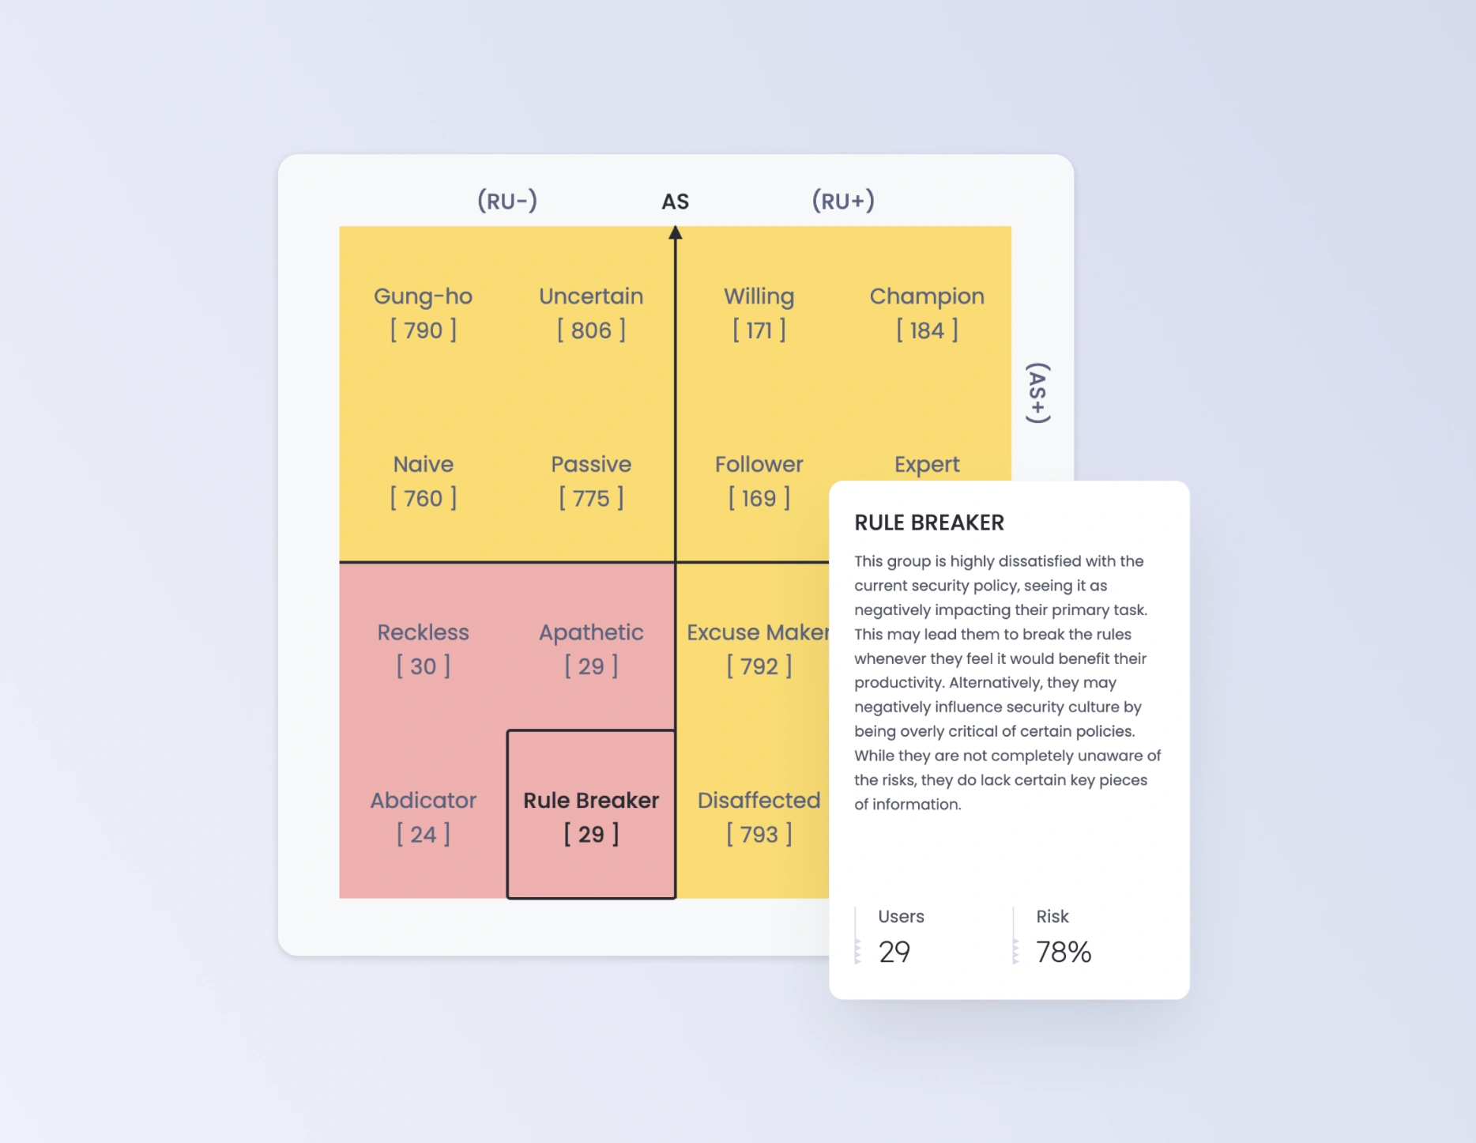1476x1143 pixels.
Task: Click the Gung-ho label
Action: pyautogui.click(x=423, y=296)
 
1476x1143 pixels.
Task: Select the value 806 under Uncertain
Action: pyautogui.click(x=591, y=330)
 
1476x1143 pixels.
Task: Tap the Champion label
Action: pyautogui.click(x=926, y=296)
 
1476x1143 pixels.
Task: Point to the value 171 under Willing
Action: pyautogui.click(x=759, y=330)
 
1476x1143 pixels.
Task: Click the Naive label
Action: pyautogui.click(x=423, y=464)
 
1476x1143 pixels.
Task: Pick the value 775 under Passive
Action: pyautogui.click(x=591, y=499)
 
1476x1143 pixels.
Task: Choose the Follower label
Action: pyautogui.click(x=759, y=464)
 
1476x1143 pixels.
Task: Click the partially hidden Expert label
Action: pyautogui.click(x=926, y=464)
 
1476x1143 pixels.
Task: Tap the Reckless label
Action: pyautogui.click(x=423, y=632)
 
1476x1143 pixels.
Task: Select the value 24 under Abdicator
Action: pyautogui.click(x=423, y=835)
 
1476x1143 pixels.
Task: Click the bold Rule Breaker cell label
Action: pyautogui.click(x=591, y=800)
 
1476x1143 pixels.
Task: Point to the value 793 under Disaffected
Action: pyautogui.click(x=759, y=835)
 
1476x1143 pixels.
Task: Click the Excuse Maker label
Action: pyautogui.click(x=757, y=632)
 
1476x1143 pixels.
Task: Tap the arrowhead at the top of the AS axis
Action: pyautogui.click(x=675, y=233)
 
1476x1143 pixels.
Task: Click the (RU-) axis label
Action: pyautogui.click(x=507, y=201)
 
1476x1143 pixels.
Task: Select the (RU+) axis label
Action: pyautogui.click(x=843, y=201)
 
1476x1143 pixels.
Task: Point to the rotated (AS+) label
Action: pyautogui.click(x=1037, y=393)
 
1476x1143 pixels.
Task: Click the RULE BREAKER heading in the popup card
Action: pyautogui.click(x=929, y=522)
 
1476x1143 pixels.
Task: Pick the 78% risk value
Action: pyautogui.click(x=1063, y=952)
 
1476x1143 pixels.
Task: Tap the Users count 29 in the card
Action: pyautogui.click(x=894, y=952)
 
